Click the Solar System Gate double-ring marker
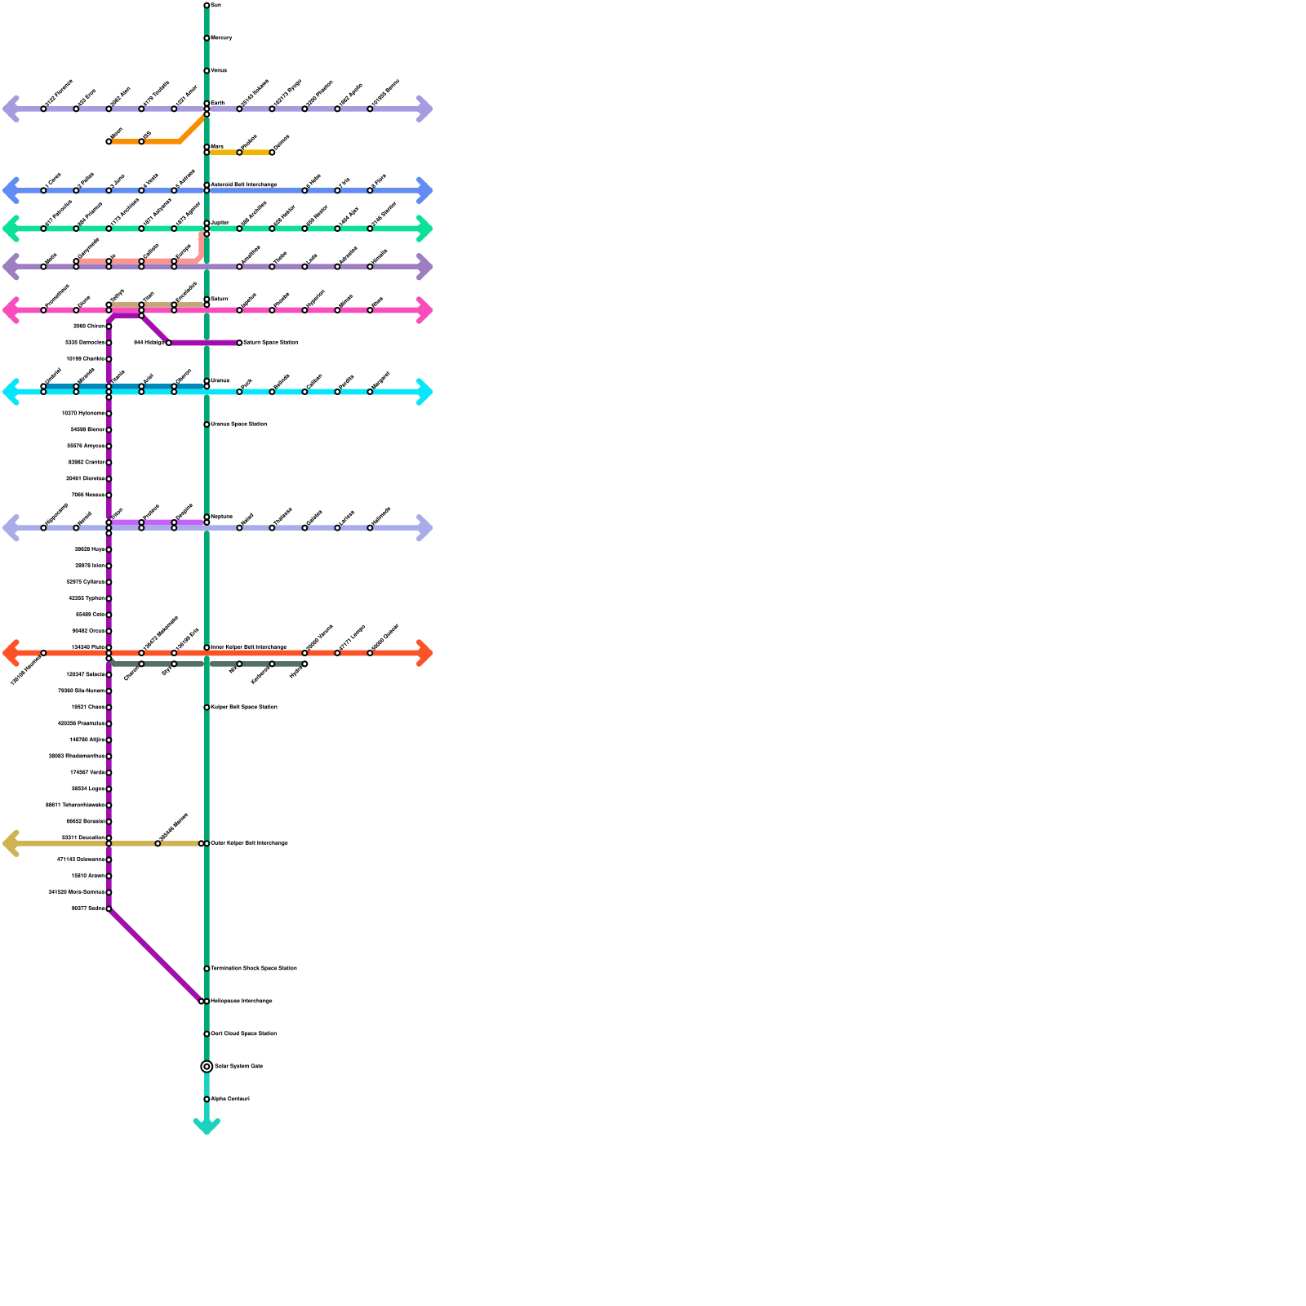(x=207, y=1066)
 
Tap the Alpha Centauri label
(x=230, y=1099)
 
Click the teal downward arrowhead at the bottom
(x=207, y=1127)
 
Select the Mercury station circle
(x=207, y=38)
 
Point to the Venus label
(x=219, y=71)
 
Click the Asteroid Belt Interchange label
(x=244, y=185)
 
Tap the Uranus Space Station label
(x=238, y=424)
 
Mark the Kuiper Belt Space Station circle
(x=207, y=708)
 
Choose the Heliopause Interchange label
(x=242, y=1002)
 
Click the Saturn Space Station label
(x=270, y=343)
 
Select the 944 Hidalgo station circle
(x=169, y=343)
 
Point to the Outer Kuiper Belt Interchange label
(x=249, y=843)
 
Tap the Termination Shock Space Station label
(x=254, y=969)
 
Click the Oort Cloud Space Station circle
(x=207, y=1034)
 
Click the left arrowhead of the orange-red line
(x=10, y=653)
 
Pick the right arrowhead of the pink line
(x=424, y=310)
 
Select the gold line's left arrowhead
(x=10, y=843)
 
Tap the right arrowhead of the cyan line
(x=424, y=392)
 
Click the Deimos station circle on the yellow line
(x=272, y=153)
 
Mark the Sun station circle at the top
(x=207, y=6)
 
